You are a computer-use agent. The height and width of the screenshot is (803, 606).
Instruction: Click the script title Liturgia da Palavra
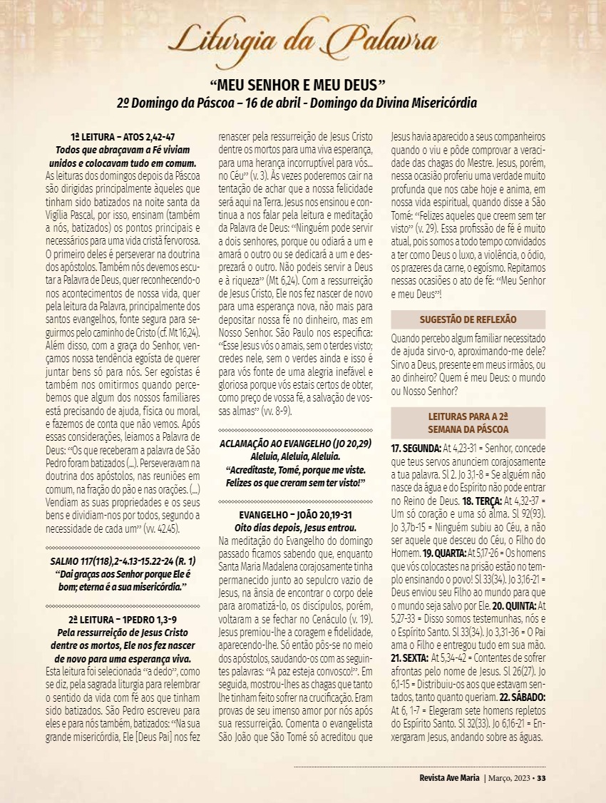click(302, 39)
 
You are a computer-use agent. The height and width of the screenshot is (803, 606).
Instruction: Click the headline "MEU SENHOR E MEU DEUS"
click(302, 84)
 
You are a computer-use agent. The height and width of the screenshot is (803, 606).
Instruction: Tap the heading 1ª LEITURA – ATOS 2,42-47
click(123, 136)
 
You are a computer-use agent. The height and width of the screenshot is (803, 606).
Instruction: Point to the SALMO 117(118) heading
click(122, 562)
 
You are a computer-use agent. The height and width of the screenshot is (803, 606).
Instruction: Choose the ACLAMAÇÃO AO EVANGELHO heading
click(295, 444)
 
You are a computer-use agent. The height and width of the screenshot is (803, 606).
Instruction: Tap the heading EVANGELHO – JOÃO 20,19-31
click(295, 515)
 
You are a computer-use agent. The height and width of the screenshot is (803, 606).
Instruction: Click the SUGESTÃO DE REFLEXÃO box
click(468, 319)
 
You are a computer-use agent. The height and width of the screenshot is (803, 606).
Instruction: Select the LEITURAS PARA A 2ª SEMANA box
click(468, 423)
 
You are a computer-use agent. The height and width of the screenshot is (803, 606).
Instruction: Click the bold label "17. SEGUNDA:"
click(416, 449)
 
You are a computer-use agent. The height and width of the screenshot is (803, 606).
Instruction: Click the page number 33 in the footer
click(542, 777)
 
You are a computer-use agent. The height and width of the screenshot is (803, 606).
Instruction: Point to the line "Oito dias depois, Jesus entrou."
click(295, 527)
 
